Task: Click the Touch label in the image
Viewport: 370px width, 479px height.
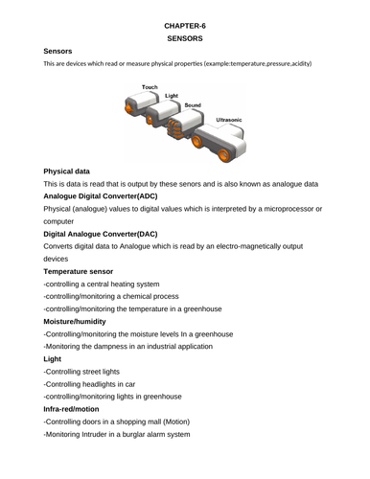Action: click(150, 87)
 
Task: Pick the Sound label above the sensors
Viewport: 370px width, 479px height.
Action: click(193, 103)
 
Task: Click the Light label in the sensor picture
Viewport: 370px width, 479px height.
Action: click(172, 96)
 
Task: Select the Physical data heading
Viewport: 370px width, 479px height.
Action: click(72, 170)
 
